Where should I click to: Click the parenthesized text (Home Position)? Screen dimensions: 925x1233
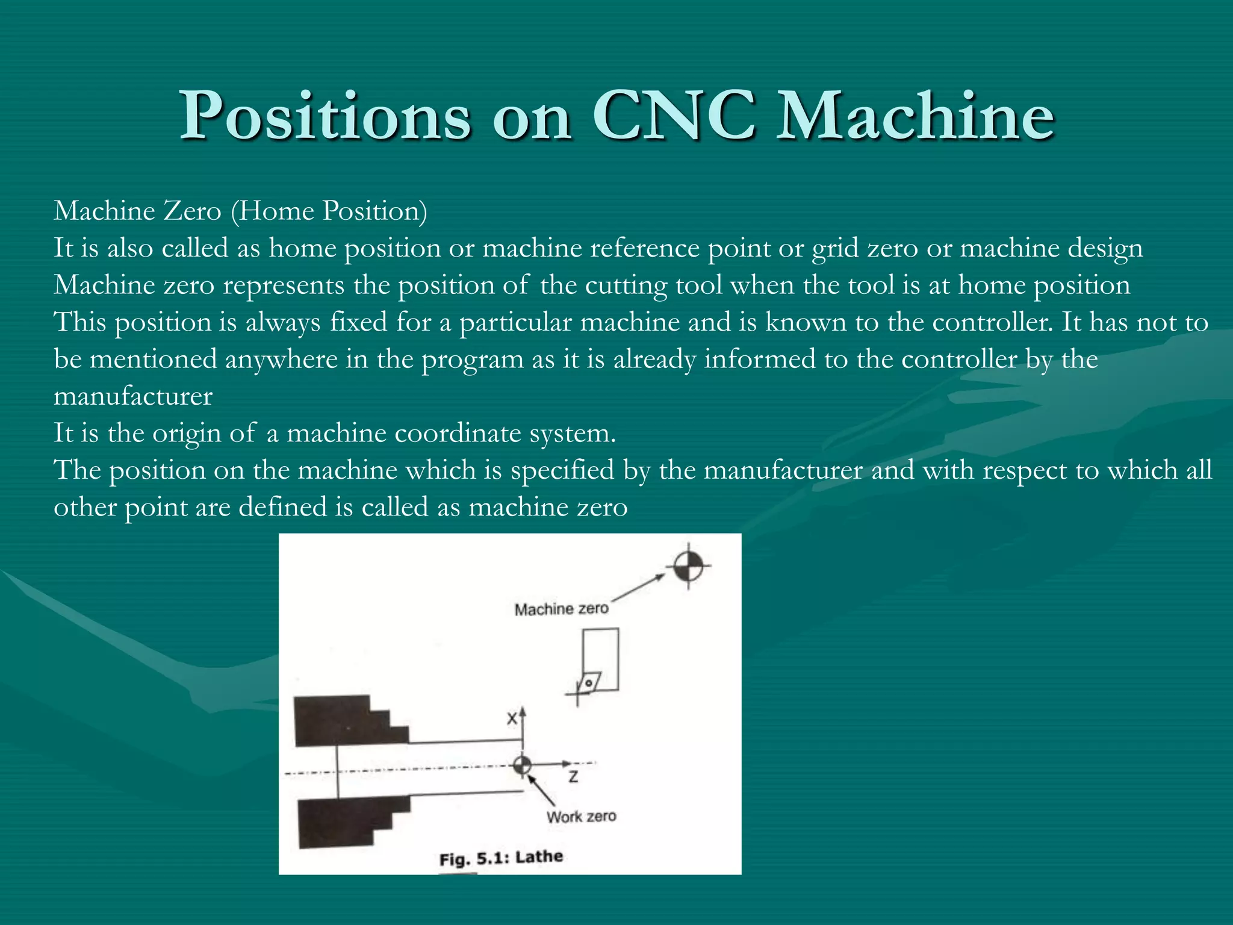[329, 211]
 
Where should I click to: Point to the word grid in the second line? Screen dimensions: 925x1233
[835, 249]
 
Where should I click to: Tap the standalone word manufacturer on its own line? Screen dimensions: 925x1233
[133, 396]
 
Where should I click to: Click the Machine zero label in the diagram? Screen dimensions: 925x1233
[561, 609]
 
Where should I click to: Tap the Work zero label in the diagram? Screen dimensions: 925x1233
[581, 817]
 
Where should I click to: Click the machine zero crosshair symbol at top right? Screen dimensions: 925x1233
[688, 565]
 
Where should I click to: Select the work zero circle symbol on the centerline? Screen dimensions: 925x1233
[522, 765]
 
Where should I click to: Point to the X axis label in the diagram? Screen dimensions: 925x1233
[512, 718]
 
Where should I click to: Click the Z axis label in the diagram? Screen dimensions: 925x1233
[573, 777]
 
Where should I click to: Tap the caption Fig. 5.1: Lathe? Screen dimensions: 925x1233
[501, 858]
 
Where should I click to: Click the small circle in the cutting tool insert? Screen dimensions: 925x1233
[589, 683]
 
